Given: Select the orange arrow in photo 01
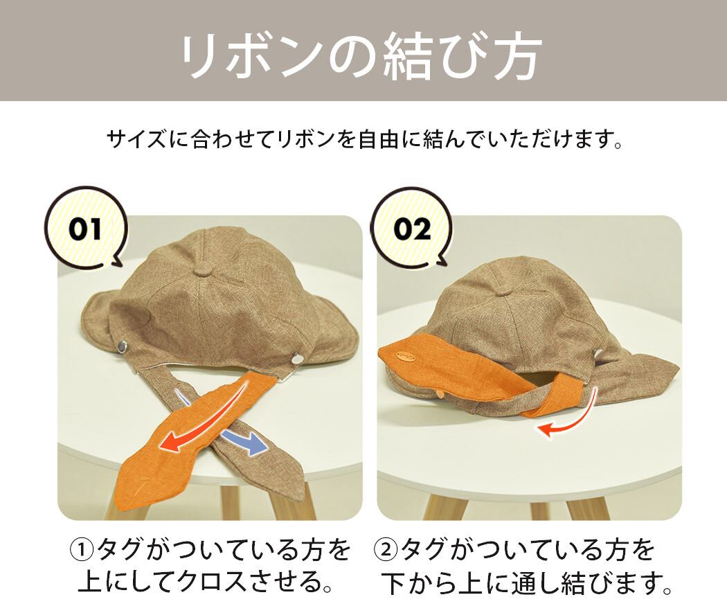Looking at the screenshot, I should click(205, 422).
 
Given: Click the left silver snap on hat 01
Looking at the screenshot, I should click(123, 346).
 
